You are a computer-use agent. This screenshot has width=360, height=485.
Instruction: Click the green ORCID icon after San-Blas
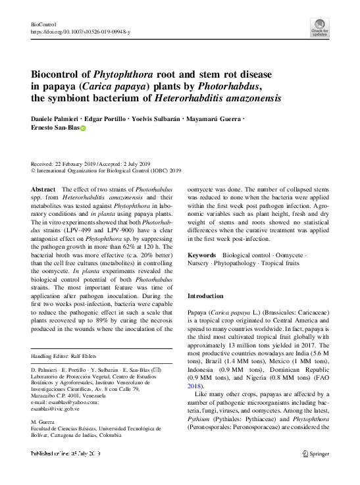pyautogui.click(x=83, y=129)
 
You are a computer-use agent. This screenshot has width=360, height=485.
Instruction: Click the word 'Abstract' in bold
pyautogui.click(x=43, y=188)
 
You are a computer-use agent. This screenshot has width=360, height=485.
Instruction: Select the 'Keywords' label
pyautogui.click(x=202, y=254)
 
